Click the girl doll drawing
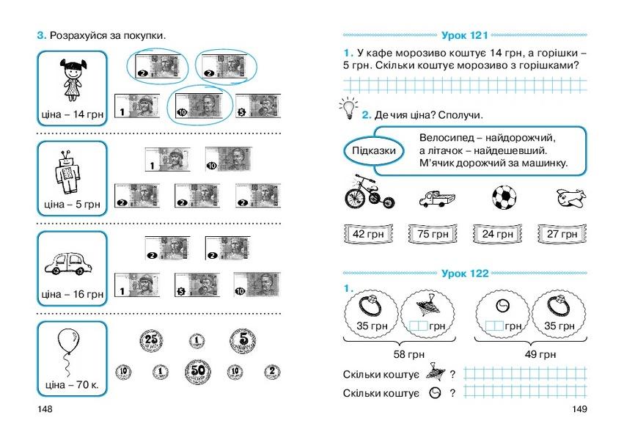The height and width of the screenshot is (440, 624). [x=73, y=79]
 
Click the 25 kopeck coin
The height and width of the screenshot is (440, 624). [x=151, y=341]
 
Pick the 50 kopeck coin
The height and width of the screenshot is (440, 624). [x=198, y=372]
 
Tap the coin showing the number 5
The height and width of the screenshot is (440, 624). [x=243, y=341]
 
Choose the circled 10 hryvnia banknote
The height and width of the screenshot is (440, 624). [x=199, y=106]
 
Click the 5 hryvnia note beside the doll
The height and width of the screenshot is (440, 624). [x=258, y=106]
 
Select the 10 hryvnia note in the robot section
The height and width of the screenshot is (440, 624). [x=229, y=159]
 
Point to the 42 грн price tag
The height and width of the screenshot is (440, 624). [x=368, y=234]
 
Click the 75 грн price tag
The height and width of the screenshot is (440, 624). [x=433, y=234]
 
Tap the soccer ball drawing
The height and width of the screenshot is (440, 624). [x=504, y=197]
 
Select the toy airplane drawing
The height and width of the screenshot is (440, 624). [x=571, y=198]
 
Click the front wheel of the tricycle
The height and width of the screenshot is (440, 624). [x=356, y=198]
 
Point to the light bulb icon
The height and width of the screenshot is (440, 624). [x=348, y=108]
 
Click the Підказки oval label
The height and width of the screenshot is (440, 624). [x=374, y=151]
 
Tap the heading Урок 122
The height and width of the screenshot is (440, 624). [x=465, y=274]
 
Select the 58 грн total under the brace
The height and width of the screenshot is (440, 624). [x=408, y=354]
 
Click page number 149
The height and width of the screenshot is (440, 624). [x=579, y=409]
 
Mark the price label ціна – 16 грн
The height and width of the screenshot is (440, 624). [x=73, y=294]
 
